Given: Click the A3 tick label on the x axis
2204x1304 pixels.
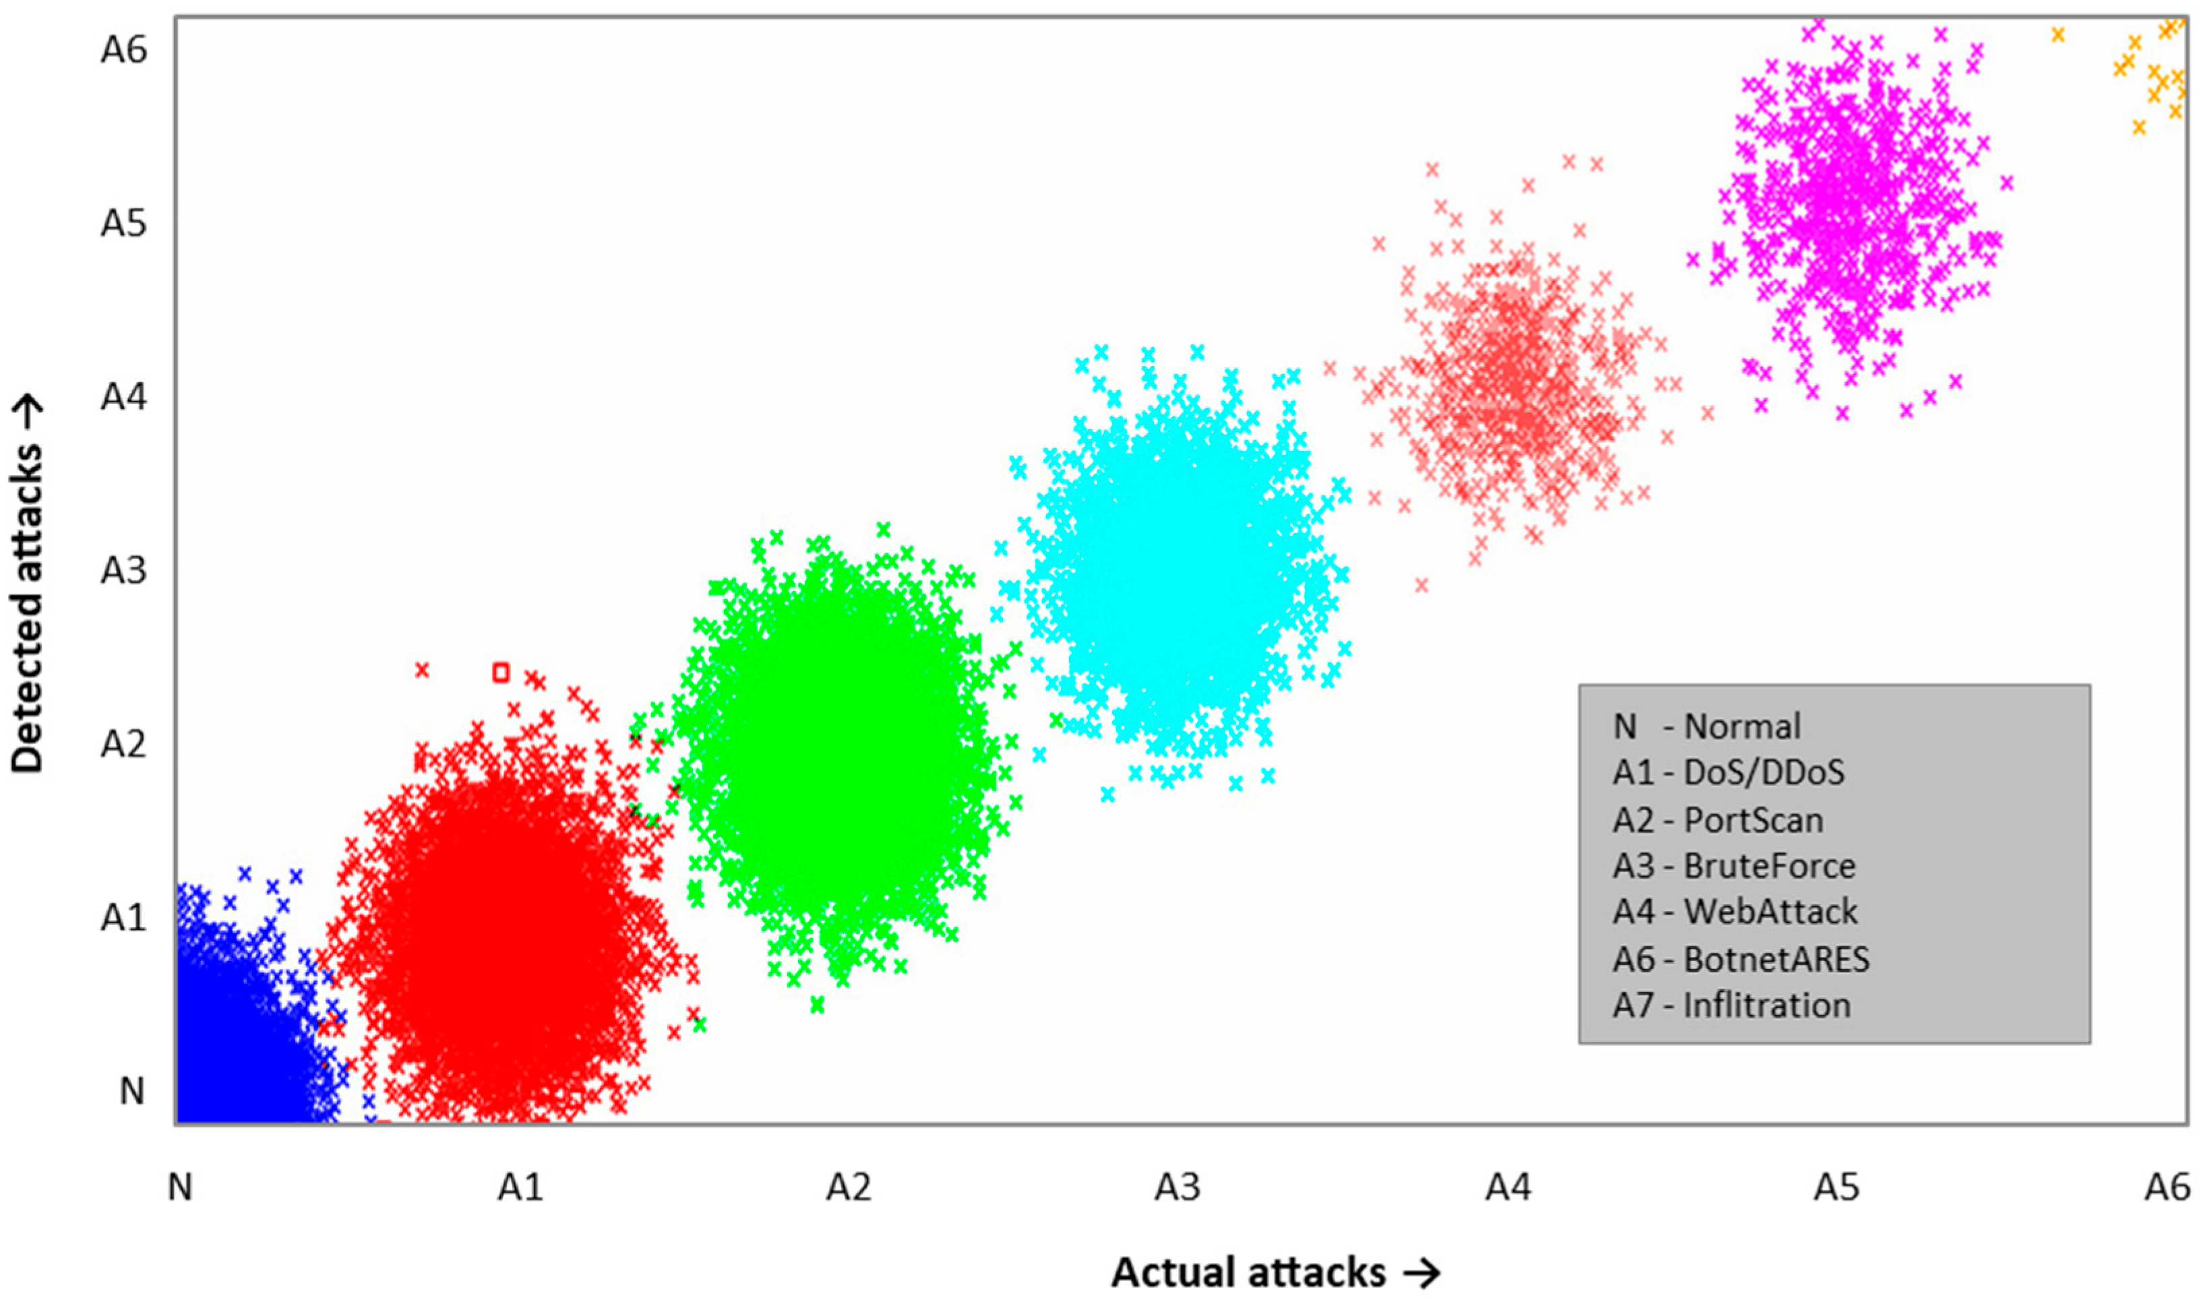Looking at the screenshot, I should click(x=1177, y=1188).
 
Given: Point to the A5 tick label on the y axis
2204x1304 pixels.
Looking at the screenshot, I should click(x=123, y=224).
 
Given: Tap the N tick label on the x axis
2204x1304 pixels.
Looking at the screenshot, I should click(x=180, y=1188).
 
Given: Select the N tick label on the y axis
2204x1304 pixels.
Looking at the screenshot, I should click(x=132, y=1091).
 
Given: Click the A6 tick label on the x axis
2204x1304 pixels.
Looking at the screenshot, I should click(x=2167, y=1188).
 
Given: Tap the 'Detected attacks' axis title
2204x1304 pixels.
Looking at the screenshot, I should click(x=28, y=584).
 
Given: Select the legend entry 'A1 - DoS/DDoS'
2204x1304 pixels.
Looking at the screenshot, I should click(x=1727, y=772).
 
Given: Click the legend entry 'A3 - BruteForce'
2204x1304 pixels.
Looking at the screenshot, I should click(x=1734, y=867).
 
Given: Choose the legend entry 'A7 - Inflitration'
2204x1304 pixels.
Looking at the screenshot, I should click(x=1732, y=1005).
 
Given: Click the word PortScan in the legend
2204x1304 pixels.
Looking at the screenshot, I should click(x=1753, y=821).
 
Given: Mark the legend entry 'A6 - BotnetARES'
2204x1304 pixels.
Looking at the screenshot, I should click(x=1741, y=960).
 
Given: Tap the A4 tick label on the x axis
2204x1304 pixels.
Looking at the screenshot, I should click(x=1508, y=1188).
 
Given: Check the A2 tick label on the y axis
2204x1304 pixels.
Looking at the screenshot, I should click(x=123, y=744).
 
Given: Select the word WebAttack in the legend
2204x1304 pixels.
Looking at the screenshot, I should click(x=1771, y=912).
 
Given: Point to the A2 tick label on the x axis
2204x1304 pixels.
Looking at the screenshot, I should click(x=848, y=1188).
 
